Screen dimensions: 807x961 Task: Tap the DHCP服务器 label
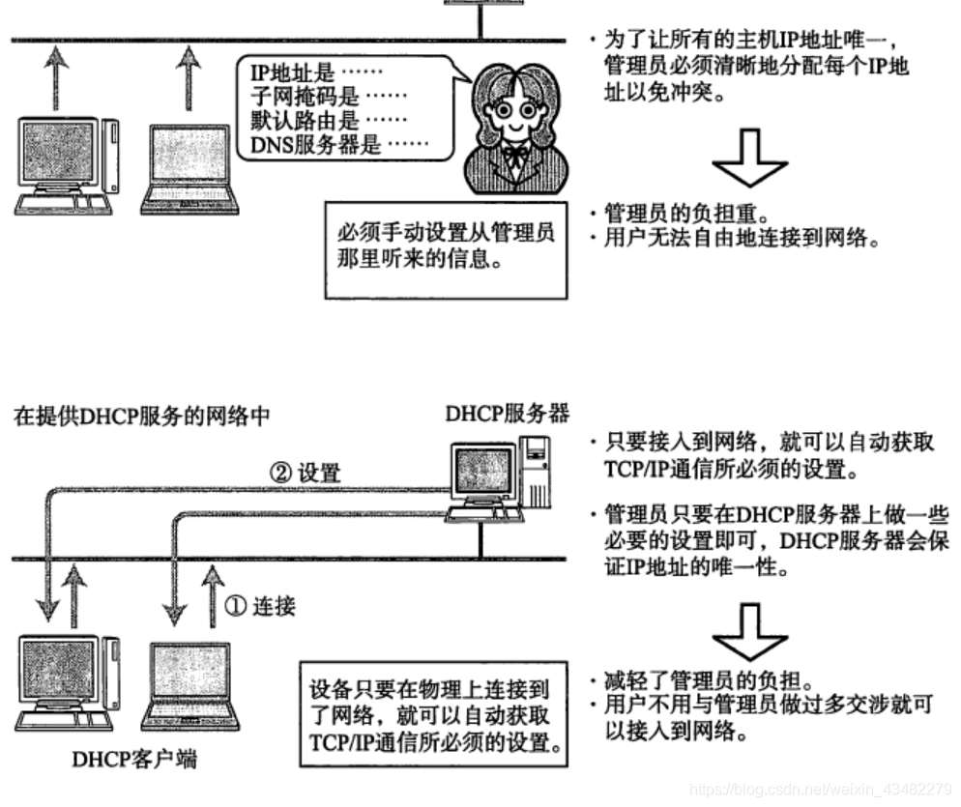point(507,414)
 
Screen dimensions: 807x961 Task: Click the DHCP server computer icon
point(495,480)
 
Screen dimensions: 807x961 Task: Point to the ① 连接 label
point(260,606)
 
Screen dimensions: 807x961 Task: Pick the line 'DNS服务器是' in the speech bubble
point(322,146)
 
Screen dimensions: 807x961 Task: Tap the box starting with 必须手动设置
point(445,247)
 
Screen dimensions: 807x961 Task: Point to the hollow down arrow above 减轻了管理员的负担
point(750,633)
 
